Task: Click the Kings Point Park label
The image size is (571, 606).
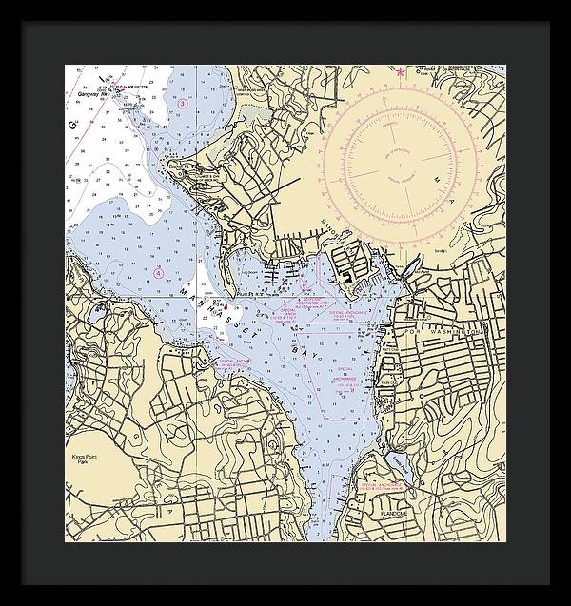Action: click(x=85, y=460)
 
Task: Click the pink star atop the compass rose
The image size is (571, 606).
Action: click(x=400, y=71)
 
